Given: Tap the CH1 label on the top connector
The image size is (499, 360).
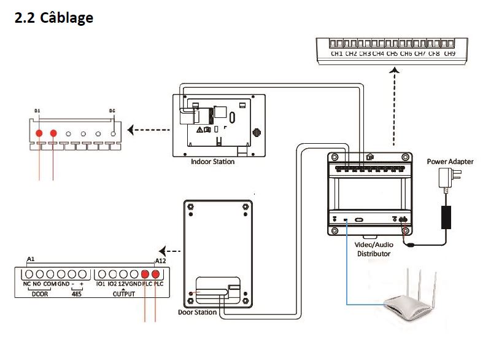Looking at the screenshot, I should tap(336, 54).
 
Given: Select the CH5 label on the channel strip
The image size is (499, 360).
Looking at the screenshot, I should tap(392, 54).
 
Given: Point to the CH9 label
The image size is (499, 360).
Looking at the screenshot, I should tap(449, 54).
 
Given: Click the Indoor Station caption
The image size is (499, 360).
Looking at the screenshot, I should tap(213, 162).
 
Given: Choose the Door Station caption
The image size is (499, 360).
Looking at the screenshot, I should tap(197, 312).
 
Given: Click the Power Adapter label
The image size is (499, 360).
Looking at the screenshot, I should tap(450, 162).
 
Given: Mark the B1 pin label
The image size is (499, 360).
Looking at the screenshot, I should tap(37, 111).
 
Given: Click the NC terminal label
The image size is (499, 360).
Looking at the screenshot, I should tap(27, 284).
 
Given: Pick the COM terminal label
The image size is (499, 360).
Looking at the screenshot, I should tap(50, 284).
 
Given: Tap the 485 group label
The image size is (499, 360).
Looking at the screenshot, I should tap(77, 293).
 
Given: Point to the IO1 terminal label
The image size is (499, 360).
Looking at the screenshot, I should tap(101, 284).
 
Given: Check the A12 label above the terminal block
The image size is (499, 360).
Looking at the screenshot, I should tap(160, 260).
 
